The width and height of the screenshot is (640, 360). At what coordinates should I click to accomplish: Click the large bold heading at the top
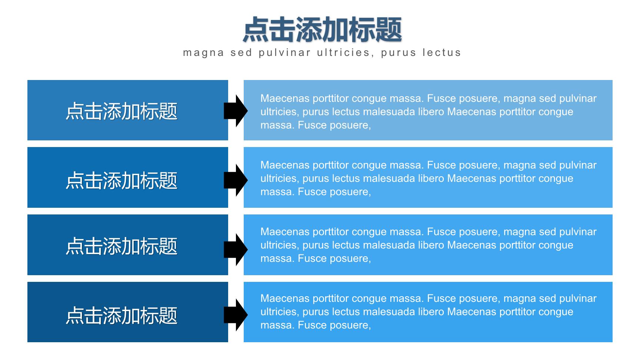point(322,30)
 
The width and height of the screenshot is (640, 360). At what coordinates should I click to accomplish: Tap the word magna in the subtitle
point(204,53)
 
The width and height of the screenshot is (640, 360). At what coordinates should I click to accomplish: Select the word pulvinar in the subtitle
point(284,53)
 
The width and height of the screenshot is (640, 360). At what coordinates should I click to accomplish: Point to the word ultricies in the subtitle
point(343,53)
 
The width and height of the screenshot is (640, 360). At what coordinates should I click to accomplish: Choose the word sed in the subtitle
point(241,53)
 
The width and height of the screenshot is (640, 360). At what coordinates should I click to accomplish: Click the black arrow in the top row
point(236,111)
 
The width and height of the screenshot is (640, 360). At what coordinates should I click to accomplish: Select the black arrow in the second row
point(236,180)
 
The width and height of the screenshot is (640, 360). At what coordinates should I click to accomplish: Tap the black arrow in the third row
point(236,249)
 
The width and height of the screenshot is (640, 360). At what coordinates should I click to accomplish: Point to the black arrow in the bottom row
point(236,315)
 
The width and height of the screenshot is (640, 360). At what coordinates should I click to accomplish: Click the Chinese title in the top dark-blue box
point(121,111)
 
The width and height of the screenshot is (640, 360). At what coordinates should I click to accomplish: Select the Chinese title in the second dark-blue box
point(121,180)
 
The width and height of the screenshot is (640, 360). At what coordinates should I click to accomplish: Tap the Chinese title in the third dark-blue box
point(121,246)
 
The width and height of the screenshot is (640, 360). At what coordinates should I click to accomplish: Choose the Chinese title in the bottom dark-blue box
point(121,316)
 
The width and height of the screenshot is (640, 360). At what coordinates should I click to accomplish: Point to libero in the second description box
point(431,178)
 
